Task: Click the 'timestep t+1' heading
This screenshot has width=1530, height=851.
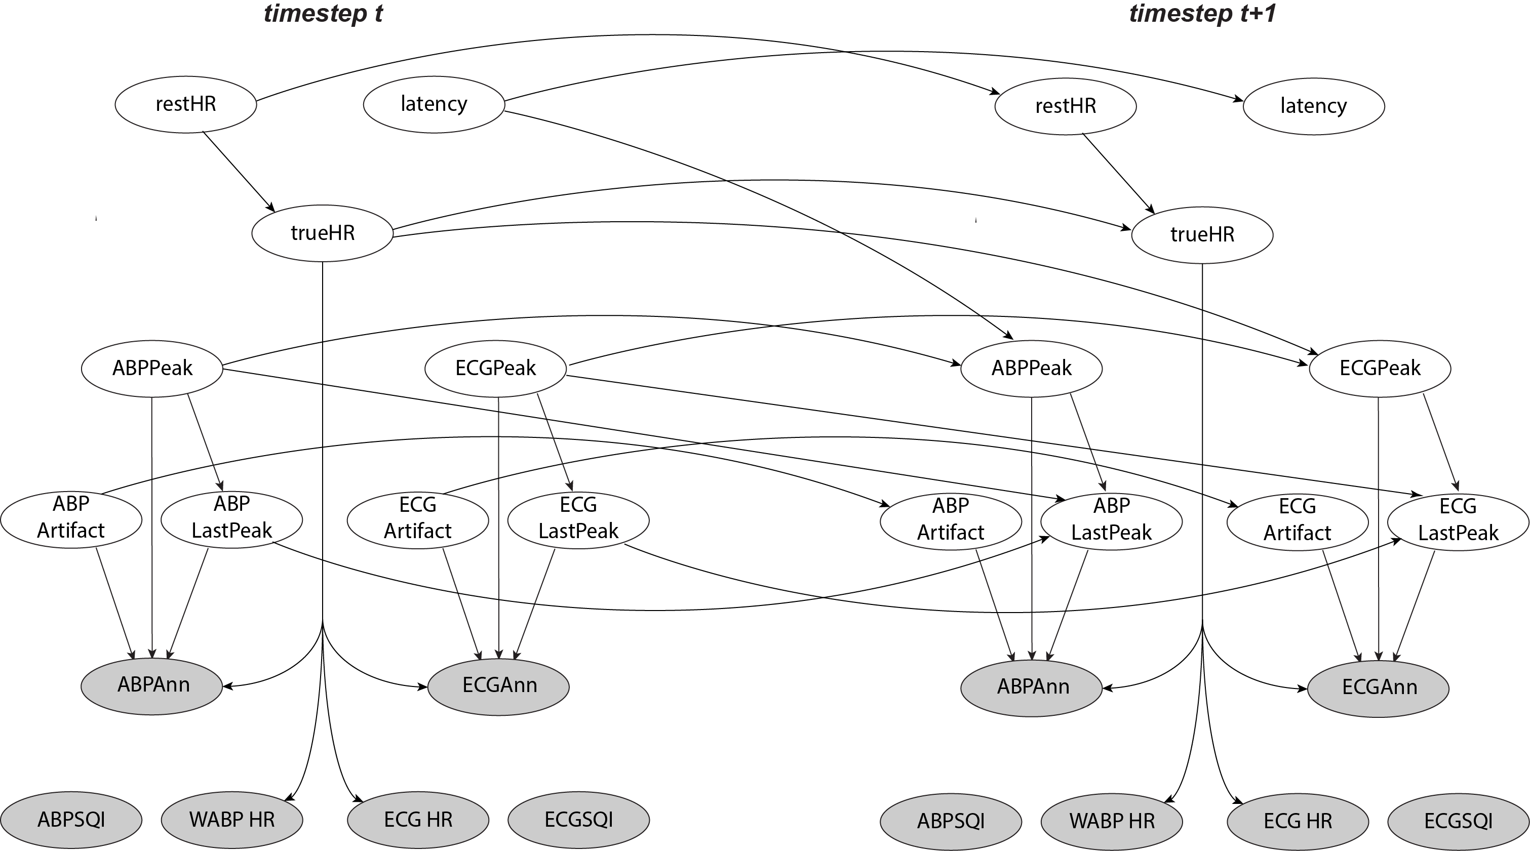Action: point(1203,13)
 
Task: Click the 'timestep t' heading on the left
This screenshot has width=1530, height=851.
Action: point(323,13)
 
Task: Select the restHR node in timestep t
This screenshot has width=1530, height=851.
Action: point(186,104)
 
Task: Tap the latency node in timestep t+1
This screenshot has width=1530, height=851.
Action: point(1314,106)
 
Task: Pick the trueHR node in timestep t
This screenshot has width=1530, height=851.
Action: point(323,233)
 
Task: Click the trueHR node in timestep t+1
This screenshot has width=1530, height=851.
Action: point(1203,234)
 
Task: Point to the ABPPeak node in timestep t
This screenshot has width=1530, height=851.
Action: point(152,368)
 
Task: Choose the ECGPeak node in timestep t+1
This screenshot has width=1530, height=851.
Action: point(1380,368)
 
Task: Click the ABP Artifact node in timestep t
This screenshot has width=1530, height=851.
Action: point(71,519)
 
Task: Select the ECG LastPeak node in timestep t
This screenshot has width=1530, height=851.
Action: point(578,520)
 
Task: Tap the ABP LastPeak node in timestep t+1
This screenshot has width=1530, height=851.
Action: point(1112,521)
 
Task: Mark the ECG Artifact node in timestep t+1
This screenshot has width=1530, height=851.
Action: point(1298,522)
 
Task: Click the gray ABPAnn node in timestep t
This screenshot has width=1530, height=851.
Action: point(152,686)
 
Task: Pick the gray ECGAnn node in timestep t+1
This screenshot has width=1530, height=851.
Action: point(1379,689)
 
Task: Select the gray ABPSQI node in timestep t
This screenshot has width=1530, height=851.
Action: point(71,820)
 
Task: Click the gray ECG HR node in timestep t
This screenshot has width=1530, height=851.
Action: point(418,820)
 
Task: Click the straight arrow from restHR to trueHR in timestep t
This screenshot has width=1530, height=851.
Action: point(239,172)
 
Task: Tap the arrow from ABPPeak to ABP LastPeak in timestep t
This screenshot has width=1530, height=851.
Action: point(206,442)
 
